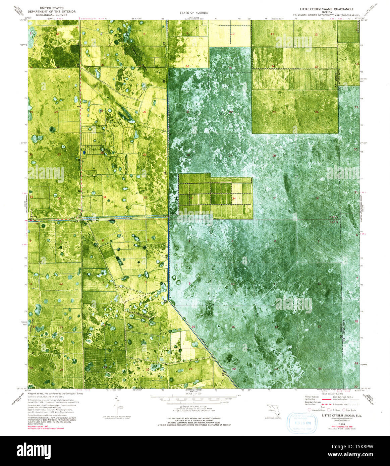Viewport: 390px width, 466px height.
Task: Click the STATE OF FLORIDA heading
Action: click(196, 13)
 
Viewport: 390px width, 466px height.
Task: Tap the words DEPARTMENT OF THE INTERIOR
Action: click(51, 11)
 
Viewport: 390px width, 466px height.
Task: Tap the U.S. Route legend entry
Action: click(334, 410)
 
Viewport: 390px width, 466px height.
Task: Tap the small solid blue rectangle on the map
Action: click(84, 152)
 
